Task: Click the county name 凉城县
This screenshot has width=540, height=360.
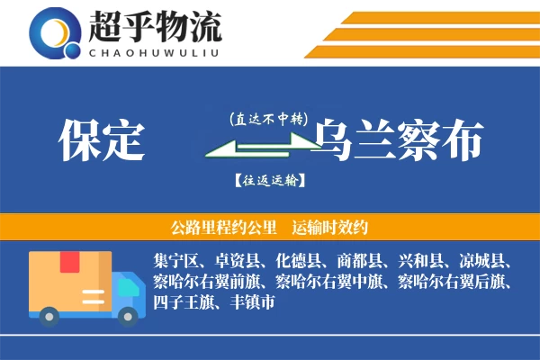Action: click(x=482, y=262)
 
